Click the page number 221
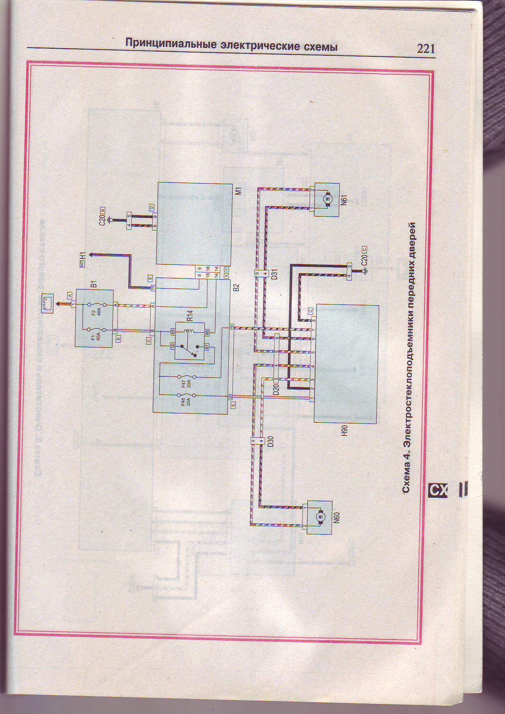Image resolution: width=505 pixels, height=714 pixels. point(426,49)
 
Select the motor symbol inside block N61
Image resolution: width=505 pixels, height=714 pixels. point(327,199)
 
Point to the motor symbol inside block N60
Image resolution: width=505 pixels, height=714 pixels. point(320,517)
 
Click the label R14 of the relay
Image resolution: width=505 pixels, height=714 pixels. point(190,316)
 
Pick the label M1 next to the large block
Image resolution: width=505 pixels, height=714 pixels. point(239,191)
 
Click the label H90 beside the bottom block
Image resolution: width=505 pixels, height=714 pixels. point(345,431)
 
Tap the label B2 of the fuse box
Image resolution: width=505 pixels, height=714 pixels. point(236,287)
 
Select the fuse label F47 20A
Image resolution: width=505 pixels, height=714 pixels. point(186,384)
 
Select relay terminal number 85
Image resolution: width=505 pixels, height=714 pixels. point(173,332)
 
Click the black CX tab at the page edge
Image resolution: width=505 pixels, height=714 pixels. point(438,490)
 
